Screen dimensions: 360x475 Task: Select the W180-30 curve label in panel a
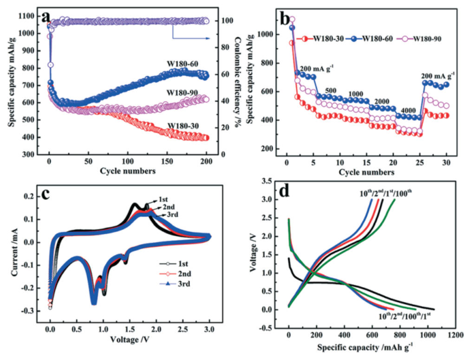pos(182,126)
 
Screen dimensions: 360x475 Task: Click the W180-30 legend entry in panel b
pos(321,39)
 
